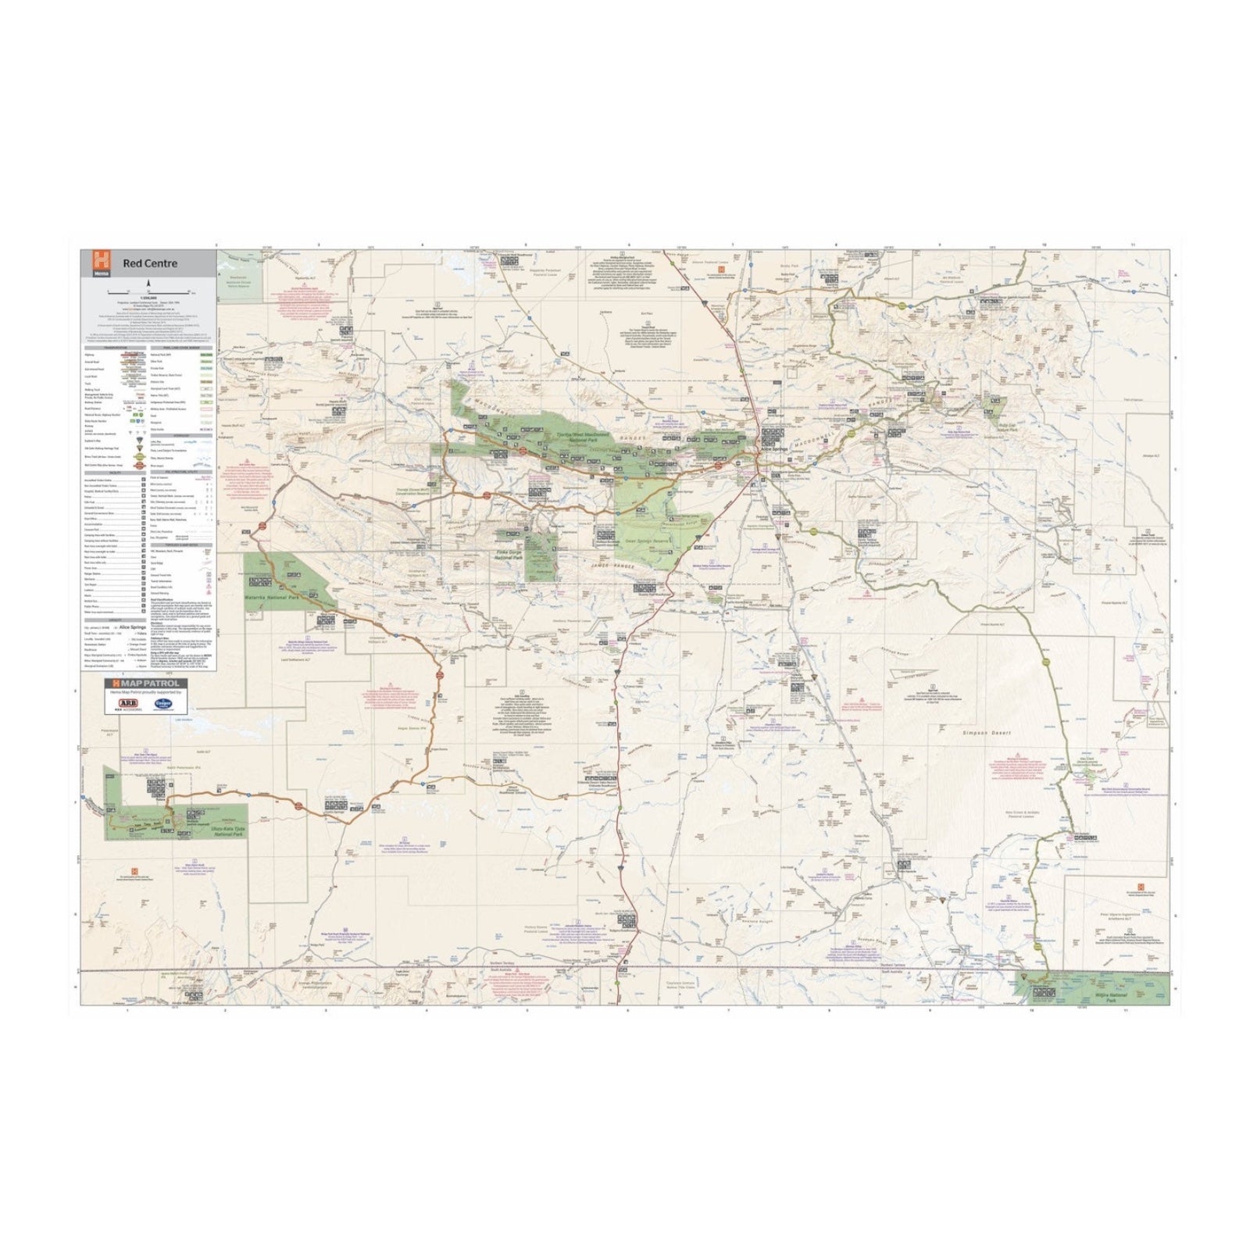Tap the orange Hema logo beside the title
[99, 262]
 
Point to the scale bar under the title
[148, 291]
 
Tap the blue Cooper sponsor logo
[163, 703]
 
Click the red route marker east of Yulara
[298, 804]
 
